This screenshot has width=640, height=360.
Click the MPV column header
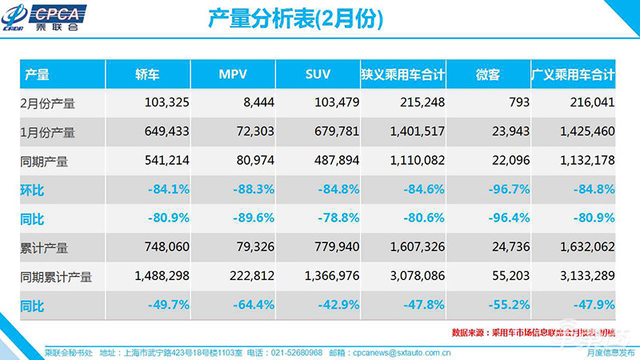[x=233, y=75]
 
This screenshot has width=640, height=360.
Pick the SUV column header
[x=318, y=75]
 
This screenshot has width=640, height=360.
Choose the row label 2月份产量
[x=47, y=103]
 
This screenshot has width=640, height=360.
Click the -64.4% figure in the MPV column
[x=250, y=306]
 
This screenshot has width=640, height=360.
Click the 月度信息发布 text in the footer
[x=610, y=351]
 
